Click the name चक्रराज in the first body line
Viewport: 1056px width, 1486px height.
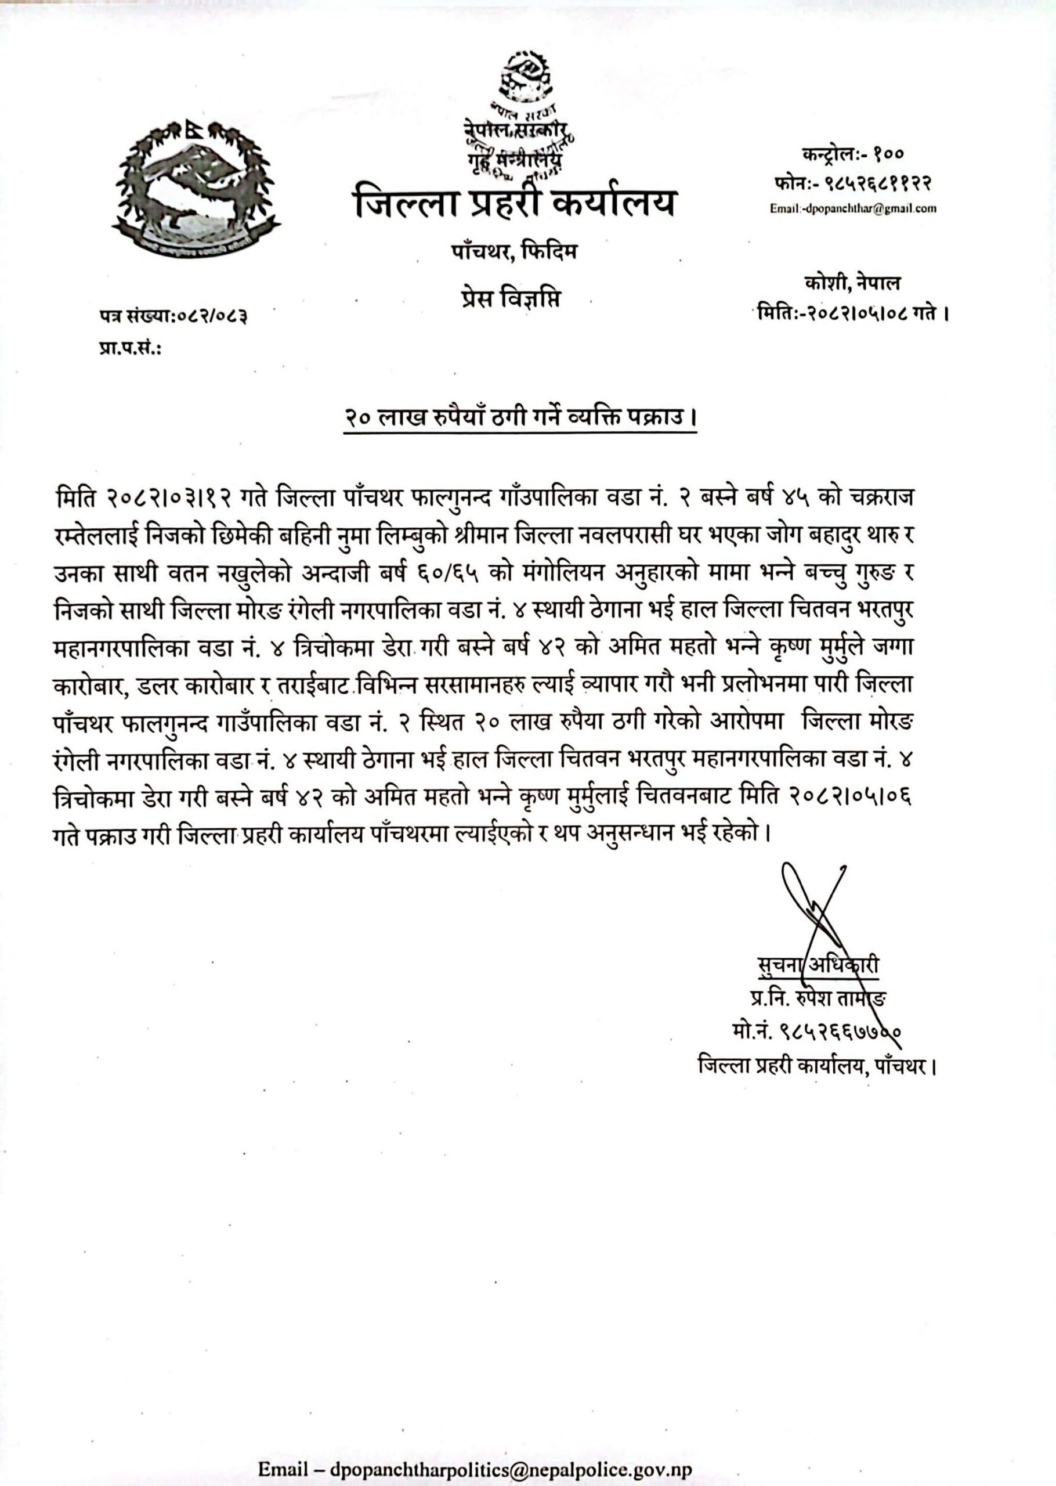tap(880, 498)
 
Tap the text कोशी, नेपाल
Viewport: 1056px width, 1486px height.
tap(851, 283)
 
